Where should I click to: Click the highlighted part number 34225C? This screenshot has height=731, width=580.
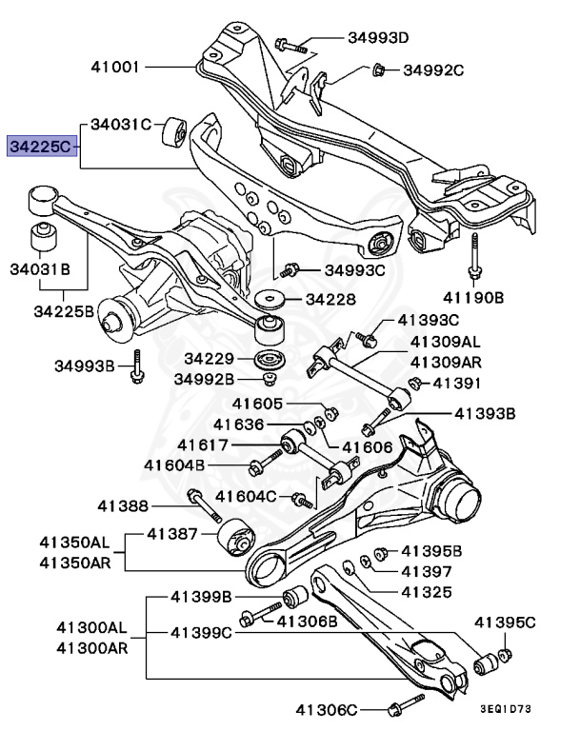tap(40, 147)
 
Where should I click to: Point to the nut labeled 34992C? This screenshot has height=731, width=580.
tap(378, 69)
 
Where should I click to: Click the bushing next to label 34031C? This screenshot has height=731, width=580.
tap(173, 132)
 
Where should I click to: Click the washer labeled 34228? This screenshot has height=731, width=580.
tap(270, 299)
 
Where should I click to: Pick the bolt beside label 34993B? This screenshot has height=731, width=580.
tap(138, 365)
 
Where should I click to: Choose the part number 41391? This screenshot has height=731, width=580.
tap(458, 383)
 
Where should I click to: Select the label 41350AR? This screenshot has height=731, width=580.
tap(74, 562)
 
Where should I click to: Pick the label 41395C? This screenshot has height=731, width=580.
tap(505, 623)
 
